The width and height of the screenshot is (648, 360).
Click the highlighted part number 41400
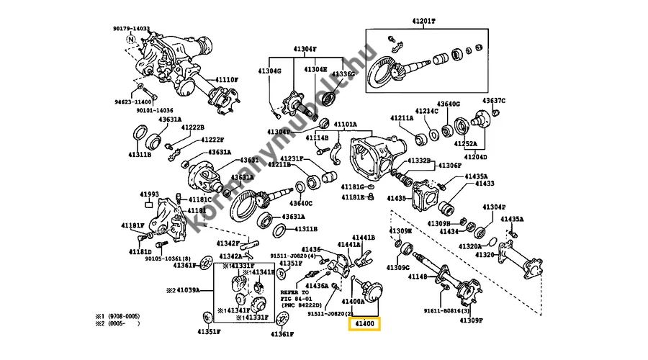pyautogui.click(x=366, y=325)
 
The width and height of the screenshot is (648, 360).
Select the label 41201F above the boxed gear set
pyautogui.click(x=423, y=20)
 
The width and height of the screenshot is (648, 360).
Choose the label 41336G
pyautogui.click(x=342, y=73)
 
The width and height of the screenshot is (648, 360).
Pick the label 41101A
pyautogui.click(x=344, y=125)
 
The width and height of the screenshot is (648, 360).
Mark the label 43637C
pyautogui.click(x=494, y=100)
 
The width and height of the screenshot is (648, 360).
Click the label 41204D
pyautogui.click(x=475, y=156)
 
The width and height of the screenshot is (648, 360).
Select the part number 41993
pyautogui.click(x=149, y=194)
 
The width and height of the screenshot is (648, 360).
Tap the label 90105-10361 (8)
pyautogui.click(x=167, y=258)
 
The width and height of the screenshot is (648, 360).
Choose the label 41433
pyautogui.click(x=484, y=184)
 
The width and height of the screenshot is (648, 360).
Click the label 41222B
pyautogui.click(x=193, y=127)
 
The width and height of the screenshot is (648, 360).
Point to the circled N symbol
pyautogui.click(x=131, y=40)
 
